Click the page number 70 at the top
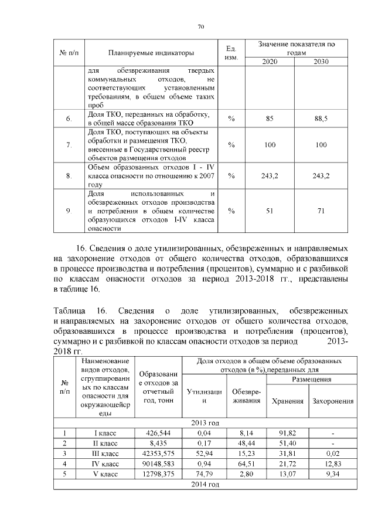click(200, 26)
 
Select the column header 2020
click(270, 62)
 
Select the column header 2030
click(321, 62)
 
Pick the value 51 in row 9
click(270, 211)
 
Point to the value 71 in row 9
click(321, 211)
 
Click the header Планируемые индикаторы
click(155, 53)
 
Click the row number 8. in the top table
click(69, 175)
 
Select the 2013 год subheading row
click(205, 422)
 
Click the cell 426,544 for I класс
click(159, 433)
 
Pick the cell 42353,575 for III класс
click(159, 454)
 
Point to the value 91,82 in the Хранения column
click(288, 433)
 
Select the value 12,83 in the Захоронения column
click(333, 464)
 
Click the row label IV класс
click(106, 464)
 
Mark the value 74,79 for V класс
click(204, 474)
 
